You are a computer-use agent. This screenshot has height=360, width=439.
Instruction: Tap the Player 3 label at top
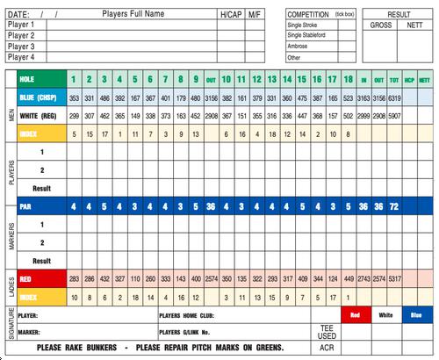point(21,47)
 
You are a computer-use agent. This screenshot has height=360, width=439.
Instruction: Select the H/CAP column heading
point(231,15)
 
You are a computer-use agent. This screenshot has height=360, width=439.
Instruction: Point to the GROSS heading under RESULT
point(380,25)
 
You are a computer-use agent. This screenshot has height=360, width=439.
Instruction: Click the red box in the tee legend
point(356,313)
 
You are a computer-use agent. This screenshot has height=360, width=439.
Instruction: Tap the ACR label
point(327,348)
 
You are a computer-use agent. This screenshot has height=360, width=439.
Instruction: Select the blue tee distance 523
point(349,98)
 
